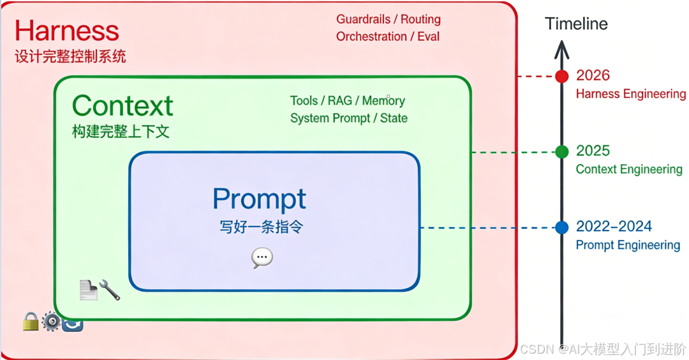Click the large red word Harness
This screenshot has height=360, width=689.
point(67,31)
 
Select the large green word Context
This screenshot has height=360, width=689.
point(122,105)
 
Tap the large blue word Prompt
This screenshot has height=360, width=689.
point(259,199)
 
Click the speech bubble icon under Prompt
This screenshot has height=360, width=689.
point(262,257)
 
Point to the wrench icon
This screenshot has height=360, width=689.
point(110,290)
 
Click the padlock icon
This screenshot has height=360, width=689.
point(31,321)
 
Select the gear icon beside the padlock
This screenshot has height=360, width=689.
point(51,321)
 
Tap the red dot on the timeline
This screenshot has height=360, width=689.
point(561,77)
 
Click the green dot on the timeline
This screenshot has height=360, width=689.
point(561,152)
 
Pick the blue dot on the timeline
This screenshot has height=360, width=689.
point(561,227)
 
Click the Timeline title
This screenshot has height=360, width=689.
point(576,24)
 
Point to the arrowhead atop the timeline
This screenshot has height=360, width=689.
point(561,49)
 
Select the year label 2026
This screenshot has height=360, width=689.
point(593,75)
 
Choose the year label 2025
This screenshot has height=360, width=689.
point(593,151)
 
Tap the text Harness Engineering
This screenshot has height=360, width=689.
point(630,94)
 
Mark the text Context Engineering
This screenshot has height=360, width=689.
point(628,169)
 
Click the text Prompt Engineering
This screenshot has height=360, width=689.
point(628,245)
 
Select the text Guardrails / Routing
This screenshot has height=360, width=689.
point(389,20)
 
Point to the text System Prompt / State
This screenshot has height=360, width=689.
point(348,118)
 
